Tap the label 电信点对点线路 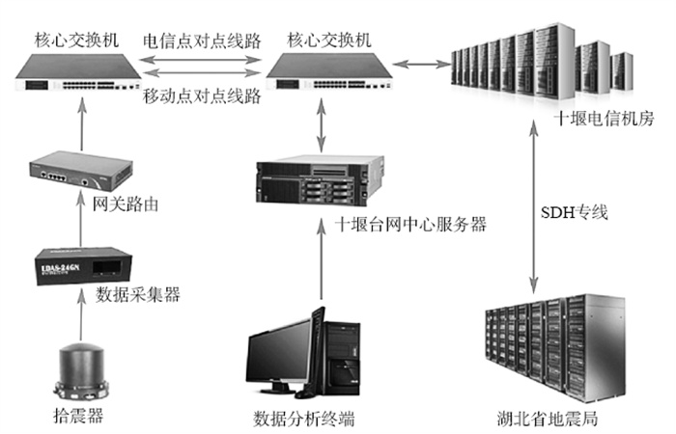(x=202, y=41)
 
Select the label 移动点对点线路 (x=202, y=96)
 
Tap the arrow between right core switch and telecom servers (x=421, y=65)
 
